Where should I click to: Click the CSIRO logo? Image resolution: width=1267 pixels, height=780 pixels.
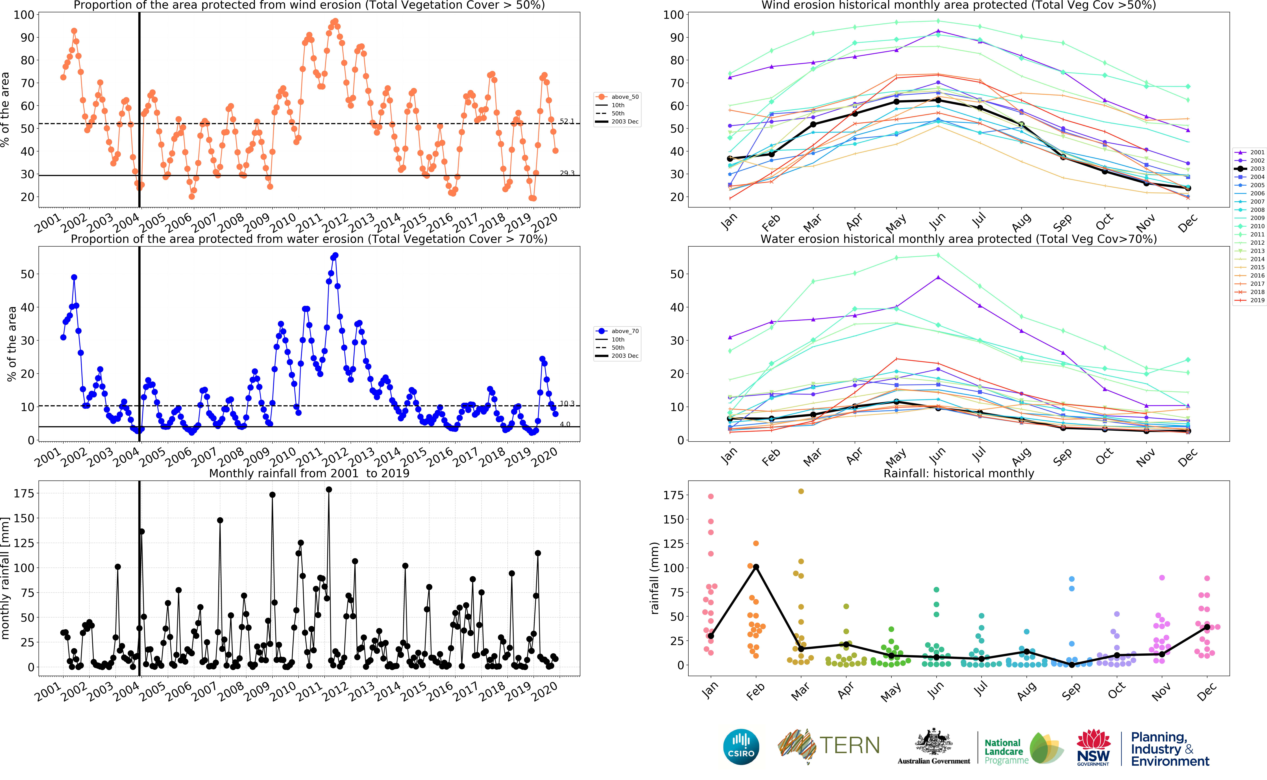(x=741, y=746)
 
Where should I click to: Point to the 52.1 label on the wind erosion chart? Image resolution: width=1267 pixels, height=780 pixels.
(x=567, y=121)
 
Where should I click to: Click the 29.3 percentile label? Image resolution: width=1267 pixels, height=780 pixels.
(x=567, y=173)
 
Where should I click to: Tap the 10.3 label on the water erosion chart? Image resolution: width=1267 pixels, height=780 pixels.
(x=567, y=403)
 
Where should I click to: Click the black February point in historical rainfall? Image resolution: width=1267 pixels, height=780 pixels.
(x=756, y=567)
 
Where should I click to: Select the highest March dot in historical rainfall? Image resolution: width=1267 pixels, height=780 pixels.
(x=801, y=491)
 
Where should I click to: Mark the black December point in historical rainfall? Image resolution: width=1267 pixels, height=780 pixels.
(x=1207, y=627)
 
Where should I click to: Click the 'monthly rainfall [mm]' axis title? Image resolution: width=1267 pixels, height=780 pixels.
(x=6, y=578)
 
